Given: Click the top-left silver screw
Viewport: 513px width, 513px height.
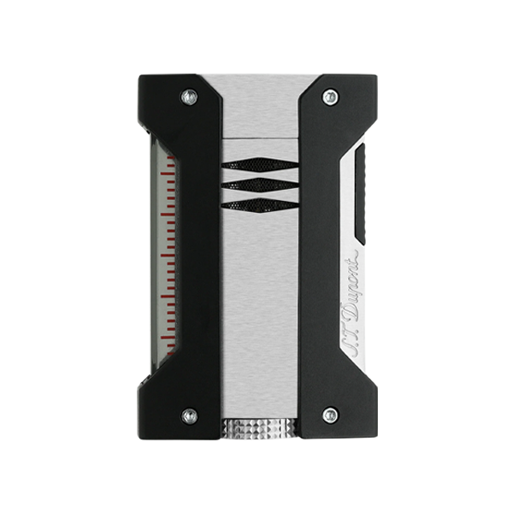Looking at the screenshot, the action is click(x=189, y=97).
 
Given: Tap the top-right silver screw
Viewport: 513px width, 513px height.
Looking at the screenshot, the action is click(x=330, y=97).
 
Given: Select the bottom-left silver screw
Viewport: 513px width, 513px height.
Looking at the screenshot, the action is click(x=189, y=416).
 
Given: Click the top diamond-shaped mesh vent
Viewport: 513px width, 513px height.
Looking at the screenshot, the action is click(x=260, y=164).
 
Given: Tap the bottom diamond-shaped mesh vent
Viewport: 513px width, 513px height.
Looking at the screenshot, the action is click(x=260, y=204).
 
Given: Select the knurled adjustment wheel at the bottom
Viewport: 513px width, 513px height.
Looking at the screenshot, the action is click(x=260, y=428).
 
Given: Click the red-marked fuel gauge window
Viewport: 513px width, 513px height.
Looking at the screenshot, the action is click(x=166, y=255).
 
